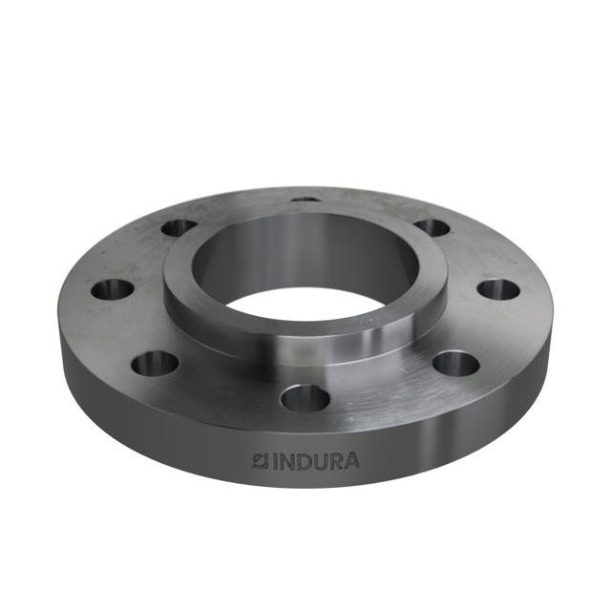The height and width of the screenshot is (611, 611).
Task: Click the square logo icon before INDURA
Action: click(258, 462)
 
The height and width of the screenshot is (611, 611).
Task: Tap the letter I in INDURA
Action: click(272, 462)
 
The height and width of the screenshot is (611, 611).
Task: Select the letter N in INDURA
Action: click(284, 462)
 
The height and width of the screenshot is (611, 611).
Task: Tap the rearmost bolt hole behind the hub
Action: click(305, 200)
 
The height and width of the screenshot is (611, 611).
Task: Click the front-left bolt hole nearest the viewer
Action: click(155, 363)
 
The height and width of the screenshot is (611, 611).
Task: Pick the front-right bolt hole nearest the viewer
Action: click(455, 364)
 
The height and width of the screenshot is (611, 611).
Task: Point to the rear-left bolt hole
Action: click(179, 227)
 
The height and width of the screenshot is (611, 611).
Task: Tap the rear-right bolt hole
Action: click(432, 227)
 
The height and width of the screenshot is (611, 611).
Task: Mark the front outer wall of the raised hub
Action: click(305, 344)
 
